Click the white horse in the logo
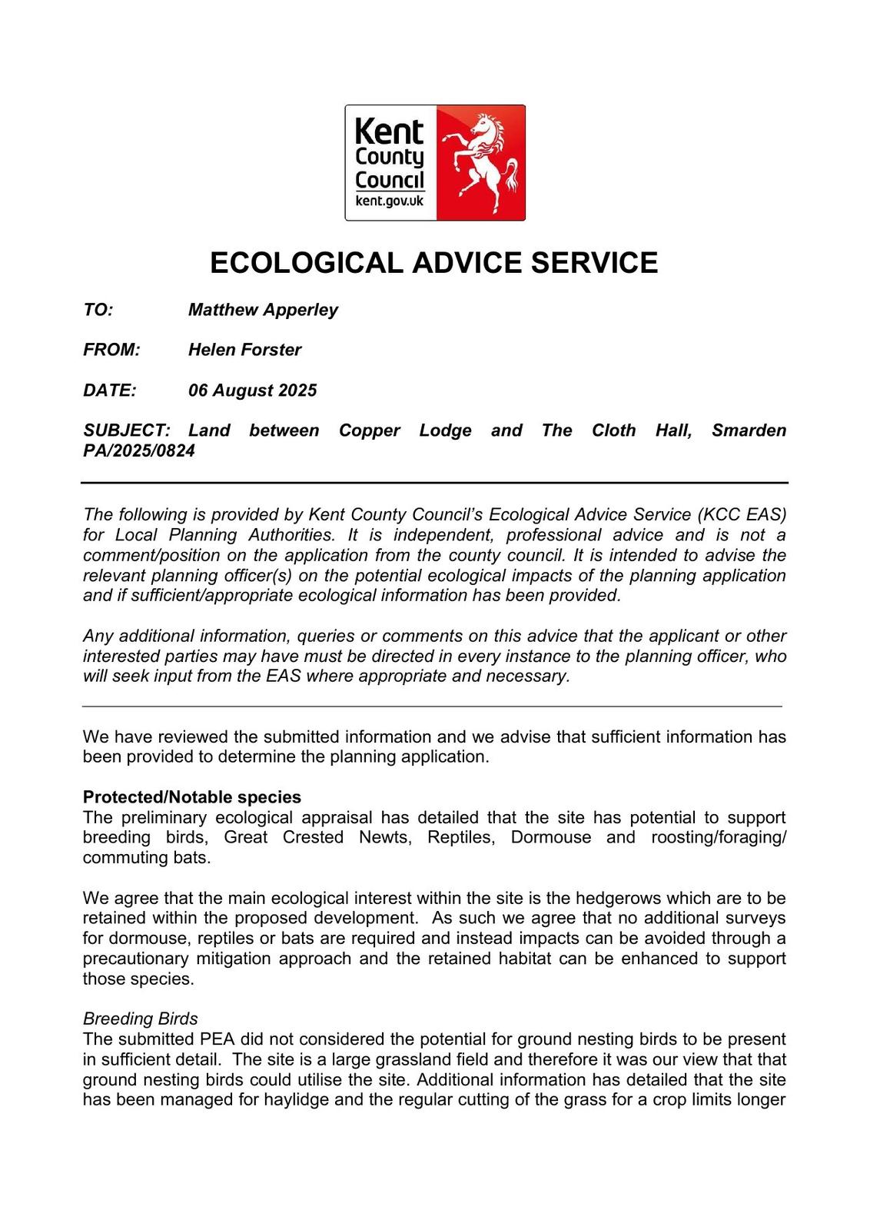(482, 163)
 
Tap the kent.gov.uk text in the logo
(390, 201)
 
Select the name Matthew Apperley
(263, 310)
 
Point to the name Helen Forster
(244, 350)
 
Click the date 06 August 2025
(252, 391)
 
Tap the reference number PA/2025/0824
(139, 451)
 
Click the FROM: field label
(111, 350)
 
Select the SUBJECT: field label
(126, 430)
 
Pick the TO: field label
(98, 310)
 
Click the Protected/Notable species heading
(192, 797)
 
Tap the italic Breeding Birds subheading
(140, 1019)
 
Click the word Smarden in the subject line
(749, 430)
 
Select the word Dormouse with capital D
(551, 837)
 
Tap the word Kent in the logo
(389, 131)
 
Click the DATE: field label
(110, 391)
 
